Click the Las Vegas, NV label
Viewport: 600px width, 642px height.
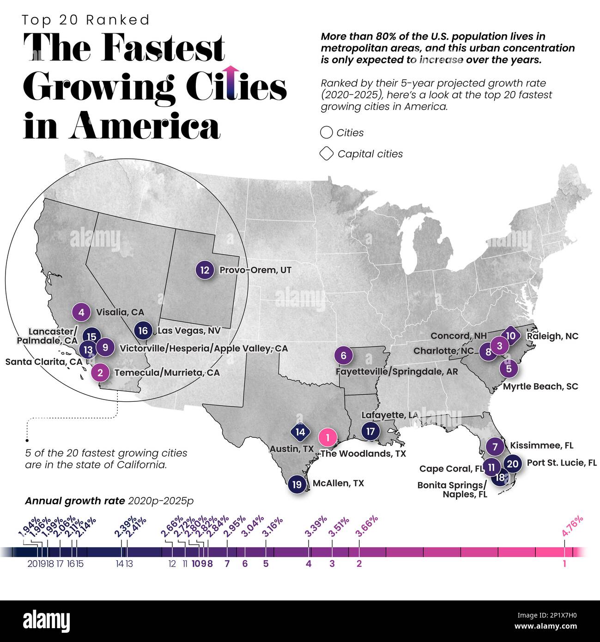189,331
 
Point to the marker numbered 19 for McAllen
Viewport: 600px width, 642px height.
297,485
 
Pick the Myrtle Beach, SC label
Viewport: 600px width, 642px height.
540,386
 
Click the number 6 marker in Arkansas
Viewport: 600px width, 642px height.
344,356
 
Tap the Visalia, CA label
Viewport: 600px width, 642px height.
120,312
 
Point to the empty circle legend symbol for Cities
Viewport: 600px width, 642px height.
326,133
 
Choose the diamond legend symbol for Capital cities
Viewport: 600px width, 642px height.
326,154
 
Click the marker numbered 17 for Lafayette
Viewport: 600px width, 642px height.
370,431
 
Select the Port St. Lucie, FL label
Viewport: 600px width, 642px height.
562,462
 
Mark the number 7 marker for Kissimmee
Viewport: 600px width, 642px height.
495,447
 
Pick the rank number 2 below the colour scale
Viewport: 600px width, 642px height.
359,563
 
